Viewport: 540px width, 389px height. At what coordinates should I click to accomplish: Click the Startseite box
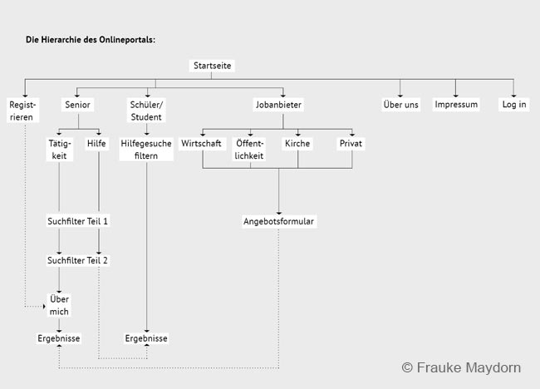[x=212, y=66]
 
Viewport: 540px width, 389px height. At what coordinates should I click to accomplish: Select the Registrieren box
[x=22, y=111]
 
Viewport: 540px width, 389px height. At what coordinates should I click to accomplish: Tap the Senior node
[x=77, y=105]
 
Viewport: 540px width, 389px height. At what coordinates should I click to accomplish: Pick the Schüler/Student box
[x=146, y=111]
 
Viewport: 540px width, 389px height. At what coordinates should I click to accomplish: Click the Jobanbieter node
[x=278, y=105]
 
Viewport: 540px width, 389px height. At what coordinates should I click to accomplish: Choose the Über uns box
[x=401, y=105]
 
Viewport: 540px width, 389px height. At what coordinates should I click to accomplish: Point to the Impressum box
[x=456, y=105]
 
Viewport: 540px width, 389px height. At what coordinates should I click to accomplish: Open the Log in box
[x=513, y=105]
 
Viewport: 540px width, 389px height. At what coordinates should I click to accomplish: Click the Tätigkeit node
[x=59, y=149]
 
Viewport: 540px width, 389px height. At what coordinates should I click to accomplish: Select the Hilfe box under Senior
[x=96, y=143]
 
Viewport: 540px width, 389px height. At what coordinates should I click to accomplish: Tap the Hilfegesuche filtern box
[x=146, y=149]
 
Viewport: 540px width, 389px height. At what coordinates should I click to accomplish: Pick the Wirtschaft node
[x=202, y=143]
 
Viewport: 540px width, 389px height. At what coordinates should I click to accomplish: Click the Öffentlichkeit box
[x=249, y=149]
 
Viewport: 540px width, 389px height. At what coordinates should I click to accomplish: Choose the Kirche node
[x=297, y=143]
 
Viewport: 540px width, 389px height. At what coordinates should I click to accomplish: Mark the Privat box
[x=351, y=143]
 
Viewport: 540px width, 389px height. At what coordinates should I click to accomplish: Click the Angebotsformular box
[x=278, y=221]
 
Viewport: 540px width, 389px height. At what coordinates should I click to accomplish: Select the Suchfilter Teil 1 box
[x=77, y=221]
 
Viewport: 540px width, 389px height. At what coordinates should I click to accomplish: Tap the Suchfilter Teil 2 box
[x=77, y=260]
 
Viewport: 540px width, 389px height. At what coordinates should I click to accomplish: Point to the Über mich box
[x=59, y=305]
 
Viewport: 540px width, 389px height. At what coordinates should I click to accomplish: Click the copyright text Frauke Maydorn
[x=461, y=367]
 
